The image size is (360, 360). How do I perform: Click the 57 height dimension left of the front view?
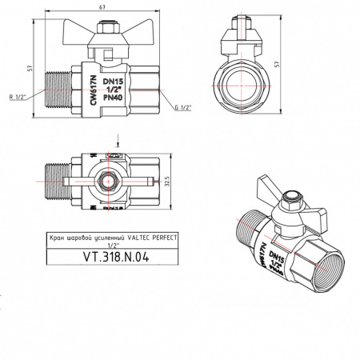(x=30, y=69)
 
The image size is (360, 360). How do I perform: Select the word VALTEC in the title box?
(x=133, y=238)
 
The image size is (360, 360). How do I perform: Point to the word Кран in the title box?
(x=57, y=238)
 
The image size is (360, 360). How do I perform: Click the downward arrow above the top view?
(x=118, y=141)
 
